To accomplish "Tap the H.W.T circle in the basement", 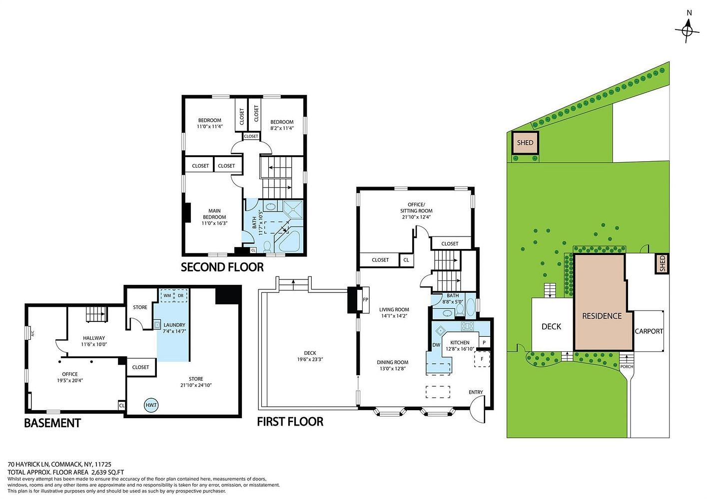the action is click(x=151, y=405).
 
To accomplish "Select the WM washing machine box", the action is click(x=167, y=295).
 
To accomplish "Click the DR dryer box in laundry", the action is click(x=181, y=295).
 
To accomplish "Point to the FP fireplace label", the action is click(x=366, y=300).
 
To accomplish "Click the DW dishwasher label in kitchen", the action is click(x=436, y=345).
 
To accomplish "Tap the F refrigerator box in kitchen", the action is click(x=482, y=359).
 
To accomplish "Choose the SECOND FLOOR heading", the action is click(x=222, y=267).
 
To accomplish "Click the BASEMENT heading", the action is click(x=52, y=423).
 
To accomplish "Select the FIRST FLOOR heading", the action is click(x=290, y=422).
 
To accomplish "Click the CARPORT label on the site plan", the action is click(x=649, y=331).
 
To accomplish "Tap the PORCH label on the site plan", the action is click(x=627, y=367).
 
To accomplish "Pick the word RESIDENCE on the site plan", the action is click(x=602, y=316).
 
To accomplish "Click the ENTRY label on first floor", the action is click(x=476, y=392).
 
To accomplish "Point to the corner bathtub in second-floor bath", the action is click(x=289, y=241).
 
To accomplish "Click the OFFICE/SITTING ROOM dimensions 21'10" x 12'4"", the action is click(x=416, y=217).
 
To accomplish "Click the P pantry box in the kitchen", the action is click(x=484, y=342).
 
